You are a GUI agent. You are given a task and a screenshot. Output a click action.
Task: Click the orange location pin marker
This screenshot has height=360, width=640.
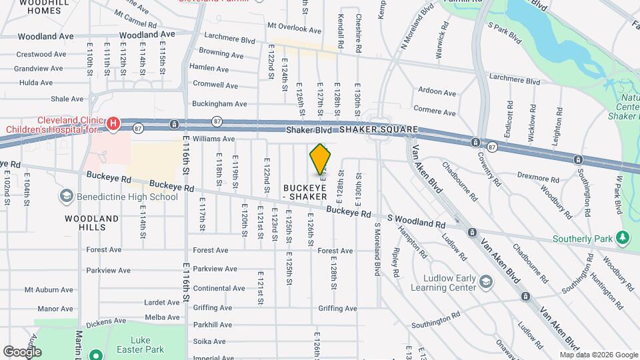(x=321, y=159)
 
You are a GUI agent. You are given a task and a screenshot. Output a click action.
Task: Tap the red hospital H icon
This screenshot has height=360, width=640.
(x=113, y=123)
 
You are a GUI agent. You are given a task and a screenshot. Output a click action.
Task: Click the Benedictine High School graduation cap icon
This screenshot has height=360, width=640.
(x=66, y=196)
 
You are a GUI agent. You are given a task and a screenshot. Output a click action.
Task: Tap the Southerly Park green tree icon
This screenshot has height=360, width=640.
(x=623, y=237)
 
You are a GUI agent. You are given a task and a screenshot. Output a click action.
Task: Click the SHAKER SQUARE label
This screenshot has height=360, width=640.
(x=379, y=129)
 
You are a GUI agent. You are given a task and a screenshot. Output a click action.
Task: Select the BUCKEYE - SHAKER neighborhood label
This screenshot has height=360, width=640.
(x=305, y=192)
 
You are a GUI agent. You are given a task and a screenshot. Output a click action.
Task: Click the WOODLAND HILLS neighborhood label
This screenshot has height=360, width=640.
(x=92, y=223)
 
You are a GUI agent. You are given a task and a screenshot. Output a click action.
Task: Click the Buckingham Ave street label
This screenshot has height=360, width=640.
(x=219, y=104)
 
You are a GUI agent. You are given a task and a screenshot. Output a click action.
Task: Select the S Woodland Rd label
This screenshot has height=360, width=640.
(x=417, y=223)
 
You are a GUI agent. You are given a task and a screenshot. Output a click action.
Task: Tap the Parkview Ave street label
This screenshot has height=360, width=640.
(x=215, y=269)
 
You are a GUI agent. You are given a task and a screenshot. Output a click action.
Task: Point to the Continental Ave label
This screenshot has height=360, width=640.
(x=219, y=288)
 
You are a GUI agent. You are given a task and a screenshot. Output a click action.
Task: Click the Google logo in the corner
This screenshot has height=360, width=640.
(x=22, y=351)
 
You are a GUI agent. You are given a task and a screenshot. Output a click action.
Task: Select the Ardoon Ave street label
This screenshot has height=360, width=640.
(x=437, y=92)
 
